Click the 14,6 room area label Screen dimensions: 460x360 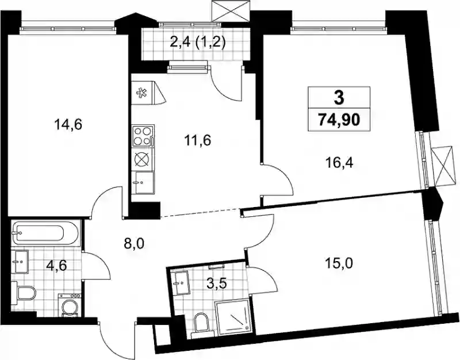coord(68,125)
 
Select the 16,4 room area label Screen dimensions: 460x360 coord(340,162)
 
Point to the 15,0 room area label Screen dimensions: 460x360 coord(339,263)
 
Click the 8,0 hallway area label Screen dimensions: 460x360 coord(134,243)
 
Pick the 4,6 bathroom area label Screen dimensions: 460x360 coord(57,266)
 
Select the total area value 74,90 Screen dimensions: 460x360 coord(339,120)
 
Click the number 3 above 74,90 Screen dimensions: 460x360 coord(339,98)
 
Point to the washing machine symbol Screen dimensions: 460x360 coord(69,305)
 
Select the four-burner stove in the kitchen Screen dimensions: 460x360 coord(143,136)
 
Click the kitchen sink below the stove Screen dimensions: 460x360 coord(143,182)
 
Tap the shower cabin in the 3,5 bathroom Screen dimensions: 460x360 coord(234,317)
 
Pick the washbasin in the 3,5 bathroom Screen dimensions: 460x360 coord(179,282)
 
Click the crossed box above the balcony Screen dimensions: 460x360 coord(231,11)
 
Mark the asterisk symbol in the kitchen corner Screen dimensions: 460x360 coord(141,93)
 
